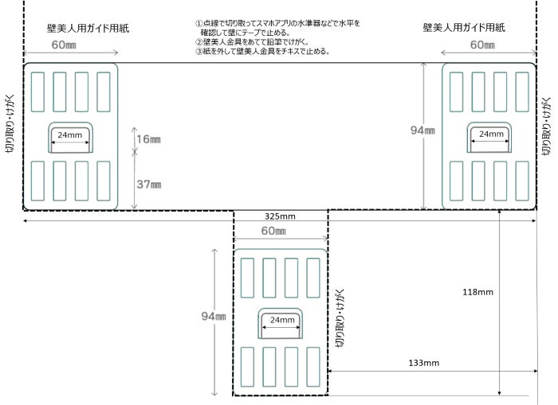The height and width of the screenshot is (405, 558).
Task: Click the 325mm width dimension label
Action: tap(280, 216)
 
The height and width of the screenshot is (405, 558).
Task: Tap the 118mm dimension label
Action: tap(478, 292)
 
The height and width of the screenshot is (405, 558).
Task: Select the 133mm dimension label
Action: tap(422, 364)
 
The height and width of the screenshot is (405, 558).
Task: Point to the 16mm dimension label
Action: tap(149, 140)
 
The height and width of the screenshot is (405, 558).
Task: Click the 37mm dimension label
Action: tap(149, 185)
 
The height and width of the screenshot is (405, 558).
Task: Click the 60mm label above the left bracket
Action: tap(65, 45)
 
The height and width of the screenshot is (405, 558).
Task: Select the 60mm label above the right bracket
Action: tap(482, 45)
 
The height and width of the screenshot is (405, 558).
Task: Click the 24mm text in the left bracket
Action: tap(70, 135)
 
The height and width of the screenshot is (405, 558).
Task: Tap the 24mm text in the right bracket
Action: tap(489, 135)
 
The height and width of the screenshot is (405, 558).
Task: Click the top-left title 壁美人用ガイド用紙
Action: tap(88, 28)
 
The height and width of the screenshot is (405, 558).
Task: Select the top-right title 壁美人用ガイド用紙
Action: tap(465, 28)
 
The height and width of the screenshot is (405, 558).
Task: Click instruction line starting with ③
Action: tap(262, 52)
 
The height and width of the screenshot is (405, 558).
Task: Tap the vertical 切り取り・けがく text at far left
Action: tap(10, 123)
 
